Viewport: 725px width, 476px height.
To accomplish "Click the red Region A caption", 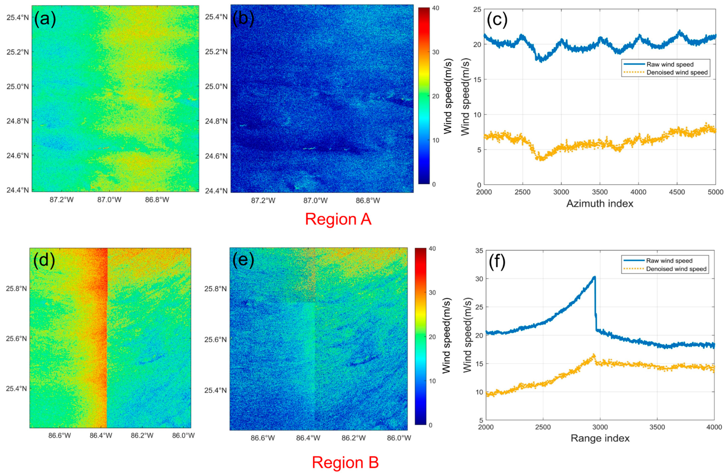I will point(338,219).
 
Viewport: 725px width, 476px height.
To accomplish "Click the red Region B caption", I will point(345,463).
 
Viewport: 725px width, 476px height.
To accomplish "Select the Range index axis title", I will point(600,438).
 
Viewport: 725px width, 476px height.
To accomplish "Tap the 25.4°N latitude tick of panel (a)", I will point(18,17).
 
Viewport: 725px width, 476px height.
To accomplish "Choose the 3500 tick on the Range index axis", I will point(657,427).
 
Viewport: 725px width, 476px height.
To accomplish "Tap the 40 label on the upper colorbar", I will point(436,8).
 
